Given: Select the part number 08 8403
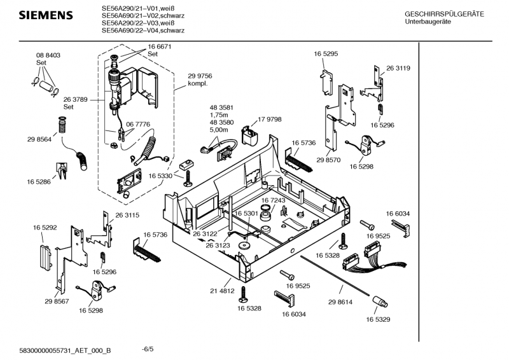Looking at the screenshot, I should (x=48, y=56).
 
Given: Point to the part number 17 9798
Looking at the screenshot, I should (x=270, y=119).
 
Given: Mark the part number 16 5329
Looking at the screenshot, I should (x=379, y=319).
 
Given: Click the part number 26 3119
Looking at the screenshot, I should (x=398, y=68).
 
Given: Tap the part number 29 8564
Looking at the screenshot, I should (x=39, y=139).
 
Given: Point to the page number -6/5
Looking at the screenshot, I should (x=148, y=349).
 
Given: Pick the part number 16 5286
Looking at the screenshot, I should (x=39, y=182).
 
